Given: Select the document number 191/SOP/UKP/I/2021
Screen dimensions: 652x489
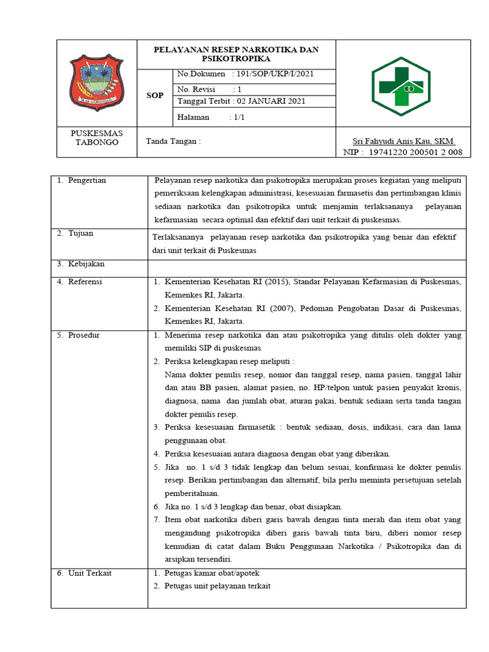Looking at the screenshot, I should pos(276,74).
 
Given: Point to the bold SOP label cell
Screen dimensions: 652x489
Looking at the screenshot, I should pos(155,96).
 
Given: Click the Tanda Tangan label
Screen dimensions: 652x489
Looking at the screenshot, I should pos(173,141).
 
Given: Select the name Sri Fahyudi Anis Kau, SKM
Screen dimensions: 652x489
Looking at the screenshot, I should pos(403,141).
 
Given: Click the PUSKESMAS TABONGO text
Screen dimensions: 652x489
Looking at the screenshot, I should pos(97,138).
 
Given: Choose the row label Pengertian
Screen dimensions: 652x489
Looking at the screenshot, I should pos(88,181).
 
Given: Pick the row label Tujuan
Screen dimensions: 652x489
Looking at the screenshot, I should pos(81,234).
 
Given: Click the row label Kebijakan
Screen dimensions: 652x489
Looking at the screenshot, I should pos(87,264).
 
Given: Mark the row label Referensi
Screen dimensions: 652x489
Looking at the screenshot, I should pos(85,281).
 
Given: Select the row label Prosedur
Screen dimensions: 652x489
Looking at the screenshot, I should pos(84,335).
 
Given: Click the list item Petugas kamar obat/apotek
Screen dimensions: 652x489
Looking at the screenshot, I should pos(211,573).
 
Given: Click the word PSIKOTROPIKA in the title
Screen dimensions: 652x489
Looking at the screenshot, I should pos(236,59).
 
